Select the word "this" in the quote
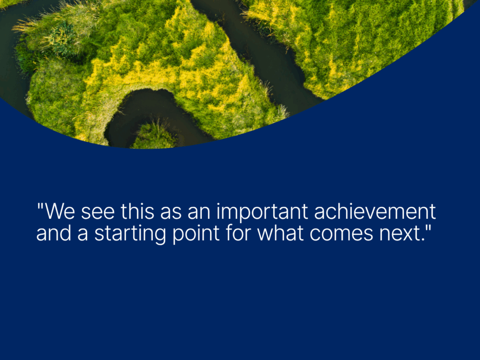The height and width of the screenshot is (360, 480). (137, 211)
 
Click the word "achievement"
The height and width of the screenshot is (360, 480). (375, 211)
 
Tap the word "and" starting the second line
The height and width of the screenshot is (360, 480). (54, 233)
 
